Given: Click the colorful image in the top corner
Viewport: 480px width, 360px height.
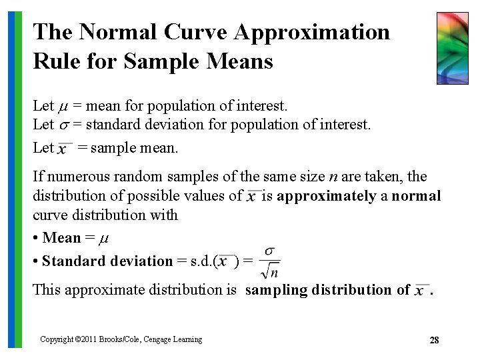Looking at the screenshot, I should pos(452,48).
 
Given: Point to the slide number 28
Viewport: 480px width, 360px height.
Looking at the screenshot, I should pos(434,340).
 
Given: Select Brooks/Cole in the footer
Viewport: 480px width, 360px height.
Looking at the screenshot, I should pos(120,339).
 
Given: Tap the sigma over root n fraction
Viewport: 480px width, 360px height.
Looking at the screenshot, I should pos(269,262).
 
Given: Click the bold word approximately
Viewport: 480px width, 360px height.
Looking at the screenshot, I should pos(326,196).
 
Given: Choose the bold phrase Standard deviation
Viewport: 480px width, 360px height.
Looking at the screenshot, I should pos(107,261).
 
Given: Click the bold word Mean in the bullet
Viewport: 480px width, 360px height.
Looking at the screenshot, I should pos(61,238).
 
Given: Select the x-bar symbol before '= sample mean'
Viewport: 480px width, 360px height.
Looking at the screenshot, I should pos(64,149).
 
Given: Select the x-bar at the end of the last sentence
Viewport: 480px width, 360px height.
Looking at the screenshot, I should pos(421,291).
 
